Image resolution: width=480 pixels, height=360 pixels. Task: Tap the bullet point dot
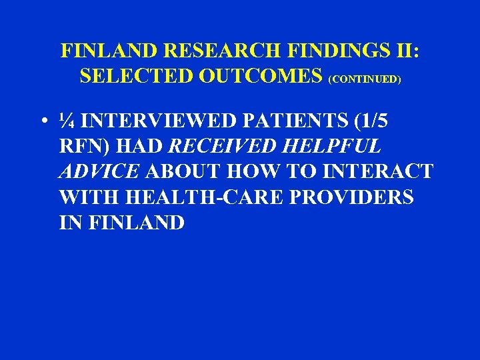pos(42,122)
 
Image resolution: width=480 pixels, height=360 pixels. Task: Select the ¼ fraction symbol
pos(67,122)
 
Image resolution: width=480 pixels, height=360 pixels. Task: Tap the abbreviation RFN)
pos(83,147)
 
